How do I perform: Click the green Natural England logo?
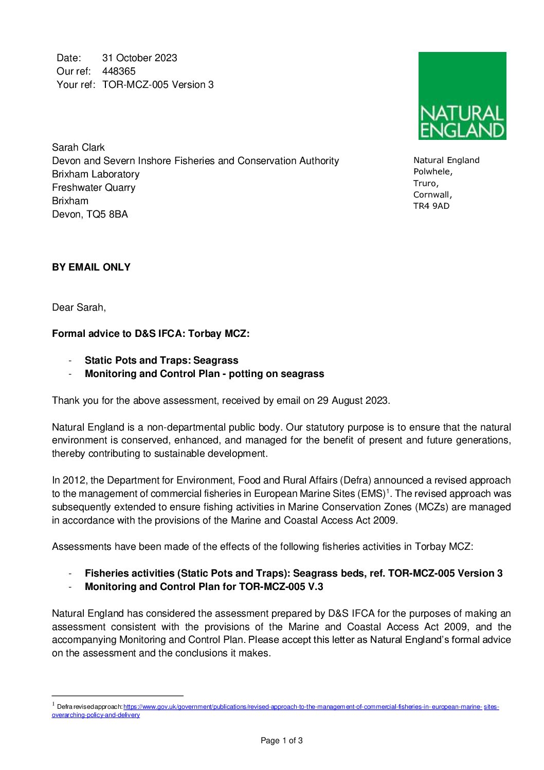(x=462, y=96)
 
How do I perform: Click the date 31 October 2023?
(x=139, y=58)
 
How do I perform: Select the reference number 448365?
(x=119, y=71)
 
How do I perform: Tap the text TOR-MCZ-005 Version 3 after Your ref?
(x=158, y=85)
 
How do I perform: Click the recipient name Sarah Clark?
(x=78, y=148)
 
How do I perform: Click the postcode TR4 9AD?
(x=431, y=206)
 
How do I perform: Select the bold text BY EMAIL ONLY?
(x=91, y=267)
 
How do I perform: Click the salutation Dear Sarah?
(x=79, y=308)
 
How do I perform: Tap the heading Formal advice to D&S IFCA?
(x=151, y=334)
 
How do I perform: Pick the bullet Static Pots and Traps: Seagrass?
(x=161, y=361)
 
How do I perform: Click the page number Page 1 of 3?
(x=281, y=741)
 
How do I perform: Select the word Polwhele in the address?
(x=432, y=172)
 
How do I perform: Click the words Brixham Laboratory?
(x=96, y=174)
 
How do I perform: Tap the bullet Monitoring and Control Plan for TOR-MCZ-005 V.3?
(x=204, y=587)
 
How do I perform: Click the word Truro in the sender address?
(x=425, y=184)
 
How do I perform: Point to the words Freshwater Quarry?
(x=94, y=188)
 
